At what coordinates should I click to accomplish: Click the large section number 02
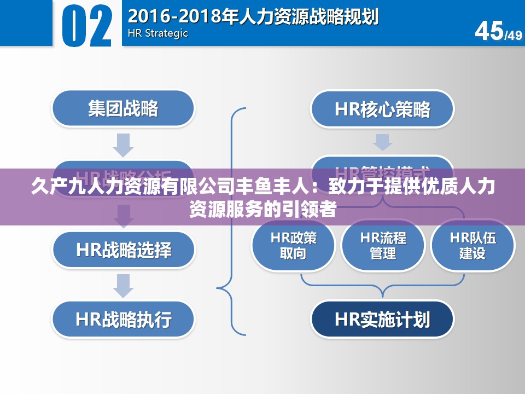click(87, 25)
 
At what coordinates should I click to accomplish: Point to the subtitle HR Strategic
click(157, 33)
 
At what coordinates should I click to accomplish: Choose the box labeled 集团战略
click(123, 108)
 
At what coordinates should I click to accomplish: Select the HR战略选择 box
click(123, 250)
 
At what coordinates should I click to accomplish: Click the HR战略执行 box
click(123, 319)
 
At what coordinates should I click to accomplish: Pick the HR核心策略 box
click(382, 109)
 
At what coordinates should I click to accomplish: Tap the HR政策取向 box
click(293, 245)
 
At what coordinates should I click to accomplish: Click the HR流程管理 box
click(383, 245)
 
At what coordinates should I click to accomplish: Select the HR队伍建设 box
click(472, 245)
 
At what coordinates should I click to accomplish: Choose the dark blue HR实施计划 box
click(382, 319)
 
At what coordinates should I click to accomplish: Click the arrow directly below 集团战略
click(123, 144)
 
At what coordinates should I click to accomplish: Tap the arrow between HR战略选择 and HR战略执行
click(123, 285)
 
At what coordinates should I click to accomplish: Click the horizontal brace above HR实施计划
click(383, 282)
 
